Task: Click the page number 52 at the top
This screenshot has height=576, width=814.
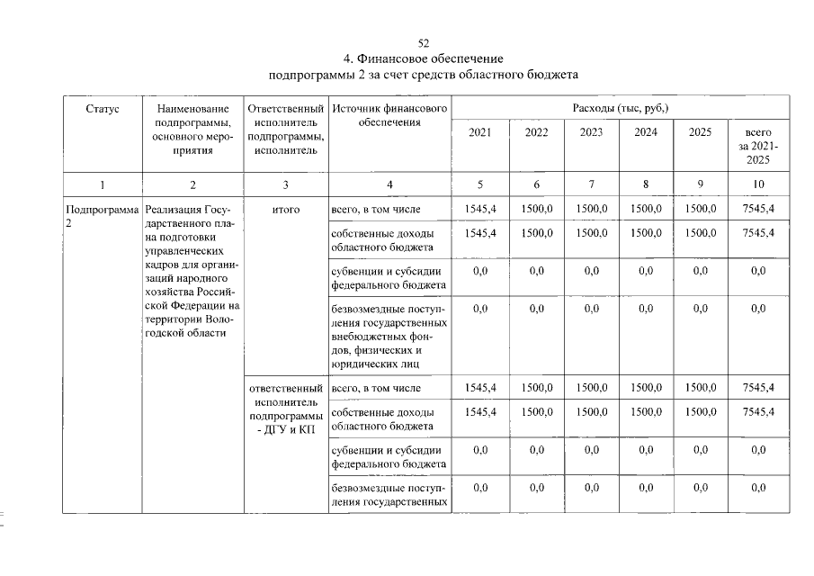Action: point(424,43)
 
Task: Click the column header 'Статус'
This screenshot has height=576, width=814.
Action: point(102,109)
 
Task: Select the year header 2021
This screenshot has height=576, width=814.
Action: point(480,132)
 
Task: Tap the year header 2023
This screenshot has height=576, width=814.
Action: point(591,132)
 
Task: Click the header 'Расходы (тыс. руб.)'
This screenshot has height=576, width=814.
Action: point(620,109)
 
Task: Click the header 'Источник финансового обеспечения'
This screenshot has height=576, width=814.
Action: point(389,115)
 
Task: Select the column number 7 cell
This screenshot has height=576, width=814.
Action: point(591,185)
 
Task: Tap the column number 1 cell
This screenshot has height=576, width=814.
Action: point(102,185)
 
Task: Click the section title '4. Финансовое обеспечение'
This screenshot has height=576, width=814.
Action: point(424,58)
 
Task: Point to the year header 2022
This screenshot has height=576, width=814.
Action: point(536,132)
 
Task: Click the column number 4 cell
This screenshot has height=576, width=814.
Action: point(389,185)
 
